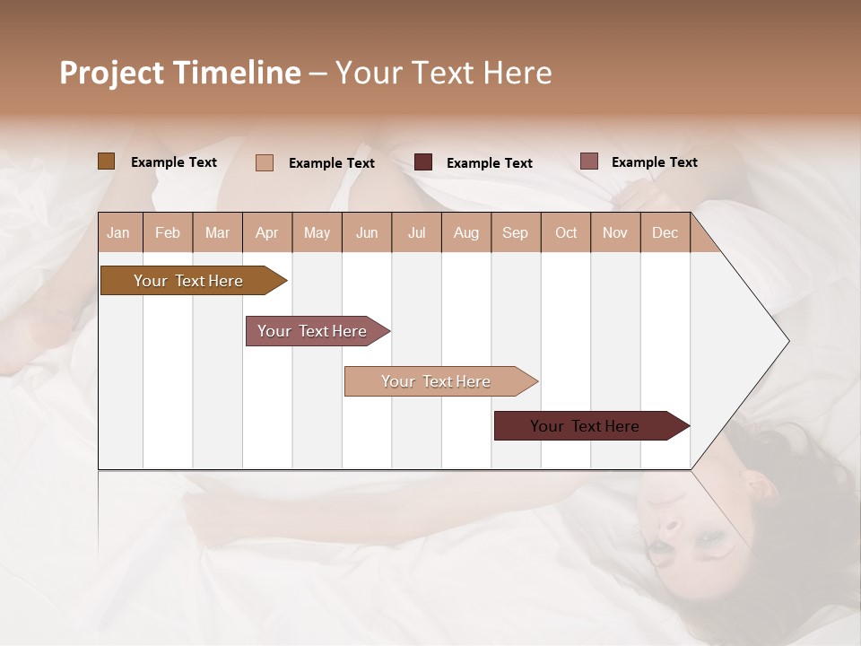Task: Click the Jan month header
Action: [x=119, y=232]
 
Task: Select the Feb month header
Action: [x=168, y=232]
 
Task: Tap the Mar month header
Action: [x=217, y=232]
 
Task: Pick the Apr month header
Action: [x=267, y=232]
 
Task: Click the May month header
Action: [x=317, y=232]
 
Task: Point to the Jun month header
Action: [x=367, y=232]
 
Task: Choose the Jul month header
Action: [x=416, y=232]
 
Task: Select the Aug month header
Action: [x=466, y=232]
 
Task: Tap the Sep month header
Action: [x=516, y=232]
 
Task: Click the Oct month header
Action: [x=566, y=232]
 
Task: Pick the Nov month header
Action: [x=615, y=232]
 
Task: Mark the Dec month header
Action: [x=665, y=232]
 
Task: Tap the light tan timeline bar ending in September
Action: [x=437, y=381]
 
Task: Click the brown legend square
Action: [x=106, y=161]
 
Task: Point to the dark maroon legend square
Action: [x=423, y=162]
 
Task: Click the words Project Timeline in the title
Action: [x=180, y=73]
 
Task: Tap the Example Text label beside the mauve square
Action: [x=654, y=162]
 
